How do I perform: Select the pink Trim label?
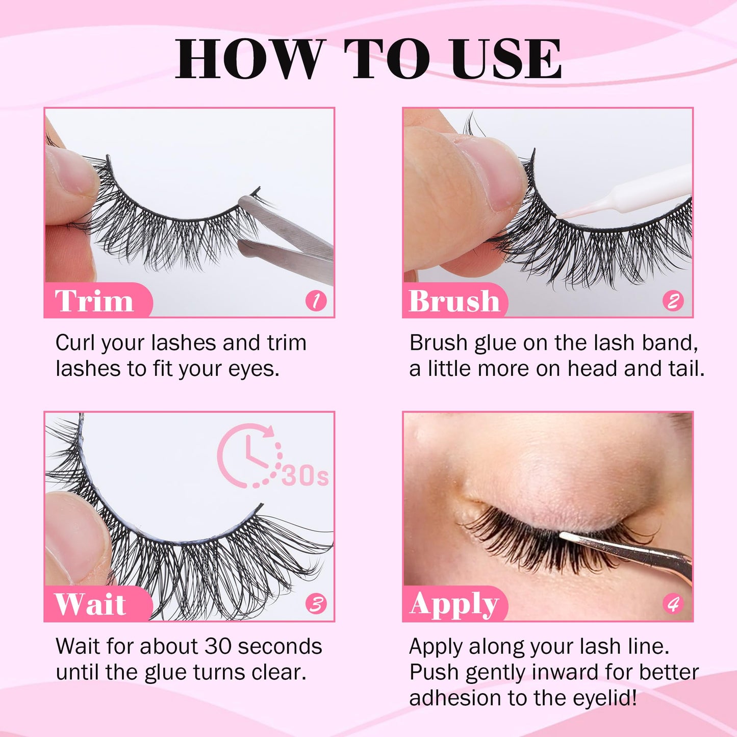point(95,300)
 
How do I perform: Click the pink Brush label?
point(454,300)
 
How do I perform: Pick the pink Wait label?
point(91,604)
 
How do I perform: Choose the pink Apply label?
point(454,604)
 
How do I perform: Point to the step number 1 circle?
point(316,300)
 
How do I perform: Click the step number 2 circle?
point(673,300)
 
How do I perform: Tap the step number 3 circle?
point(316,604)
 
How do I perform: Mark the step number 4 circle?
point(673,604)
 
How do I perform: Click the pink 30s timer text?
point(305,475)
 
